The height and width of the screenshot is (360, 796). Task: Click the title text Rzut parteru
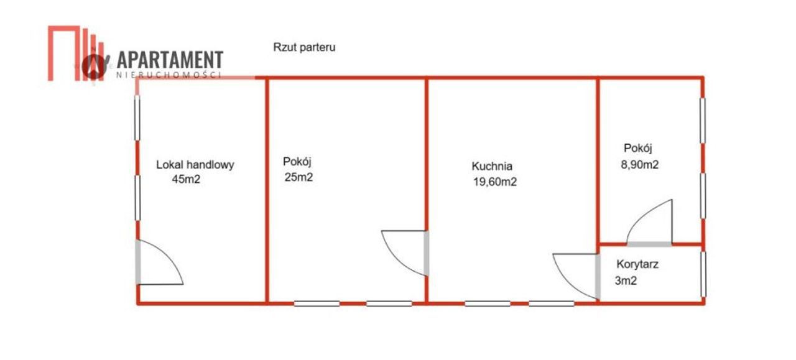(304, 47)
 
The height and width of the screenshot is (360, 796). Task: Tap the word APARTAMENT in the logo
(170, 59)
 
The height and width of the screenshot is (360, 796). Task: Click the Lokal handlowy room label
(195, 165)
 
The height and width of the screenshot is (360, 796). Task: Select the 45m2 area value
(186, 179)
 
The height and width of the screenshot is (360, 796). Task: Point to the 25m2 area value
(298, 177)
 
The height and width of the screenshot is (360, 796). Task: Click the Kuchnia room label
(492, 166)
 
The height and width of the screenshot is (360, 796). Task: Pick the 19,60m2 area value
(494, 182)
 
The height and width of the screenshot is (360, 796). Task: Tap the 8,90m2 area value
(640, 165)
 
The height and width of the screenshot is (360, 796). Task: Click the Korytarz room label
(637, 264)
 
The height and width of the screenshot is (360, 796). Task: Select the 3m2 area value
(626, 281)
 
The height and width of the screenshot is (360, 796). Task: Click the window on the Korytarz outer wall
(703, 274)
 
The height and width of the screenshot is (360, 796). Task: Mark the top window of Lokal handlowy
(137, 118)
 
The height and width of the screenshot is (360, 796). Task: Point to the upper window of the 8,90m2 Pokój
(703, 121)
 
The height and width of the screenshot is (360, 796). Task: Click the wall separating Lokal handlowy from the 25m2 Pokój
(267, 190)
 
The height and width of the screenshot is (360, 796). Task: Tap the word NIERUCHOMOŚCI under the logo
(169, 75)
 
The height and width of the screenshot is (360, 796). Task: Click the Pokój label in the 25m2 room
(297, 162)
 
